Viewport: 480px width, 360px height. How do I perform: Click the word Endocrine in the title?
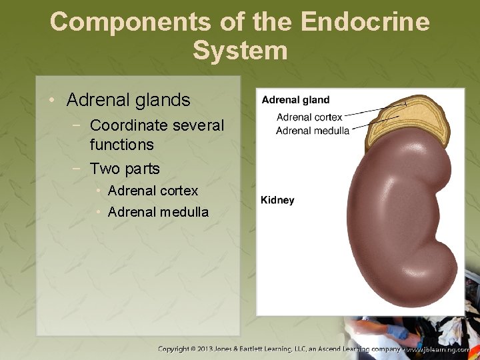[x=365, y=21]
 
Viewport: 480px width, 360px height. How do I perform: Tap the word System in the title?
[x=240, y=51]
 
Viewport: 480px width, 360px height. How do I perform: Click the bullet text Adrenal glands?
[x=128, y=100]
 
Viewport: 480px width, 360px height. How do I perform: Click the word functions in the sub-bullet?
[x=121, y=145]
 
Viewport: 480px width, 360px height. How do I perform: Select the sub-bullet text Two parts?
[x=125, y=169]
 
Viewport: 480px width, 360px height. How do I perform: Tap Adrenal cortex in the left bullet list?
[x=153, y=191]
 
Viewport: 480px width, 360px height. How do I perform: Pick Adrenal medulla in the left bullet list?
[x=158, y=213]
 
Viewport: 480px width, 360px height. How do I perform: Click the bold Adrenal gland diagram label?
[x=295, y=100]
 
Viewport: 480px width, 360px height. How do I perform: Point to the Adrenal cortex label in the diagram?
[x=309, y=117]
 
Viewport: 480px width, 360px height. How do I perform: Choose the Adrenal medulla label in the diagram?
[x=312, y=131]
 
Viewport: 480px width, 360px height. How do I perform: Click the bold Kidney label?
[x=277, y=200]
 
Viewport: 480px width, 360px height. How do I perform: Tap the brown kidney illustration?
[x=400, y=220]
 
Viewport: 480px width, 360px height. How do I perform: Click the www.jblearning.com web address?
[x=441, y=349]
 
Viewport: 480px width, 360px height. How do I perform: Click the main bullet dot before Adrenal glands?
[x=53, y=101]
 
